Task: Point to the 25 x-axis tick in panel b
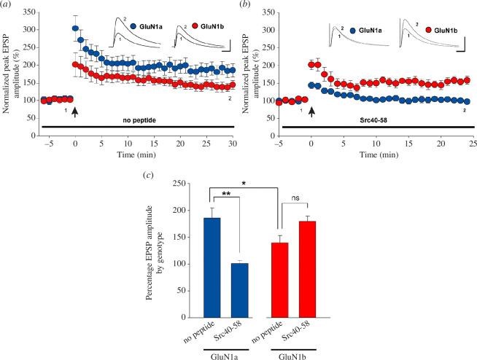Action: pyautogui.click(x=473, y=145)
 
